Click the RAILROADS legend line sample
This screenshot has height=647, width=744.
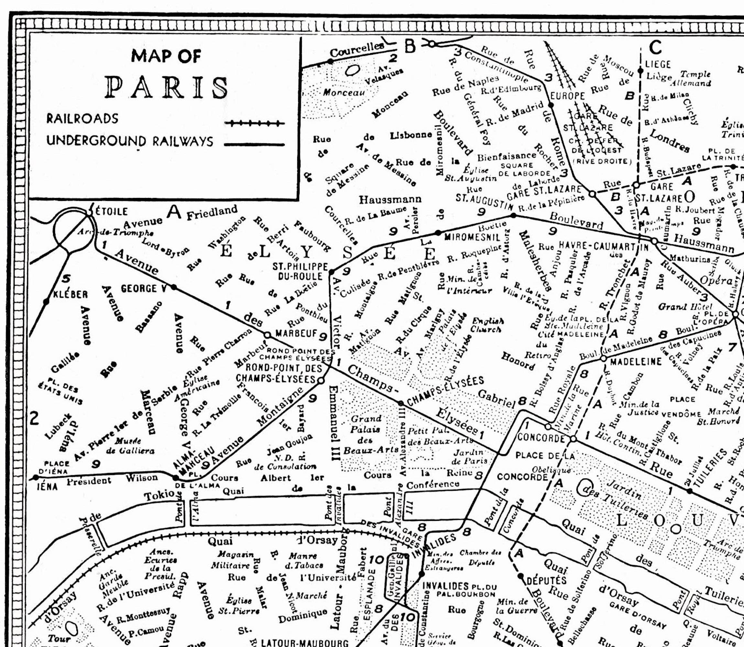(254, 124)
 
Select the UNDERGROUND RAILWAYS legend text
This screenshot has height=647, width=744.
(130, 141)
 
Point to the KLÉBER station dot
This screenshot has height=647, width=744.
(46, 301)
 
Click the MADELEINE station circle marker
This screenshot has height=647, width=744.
(603, 358)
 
